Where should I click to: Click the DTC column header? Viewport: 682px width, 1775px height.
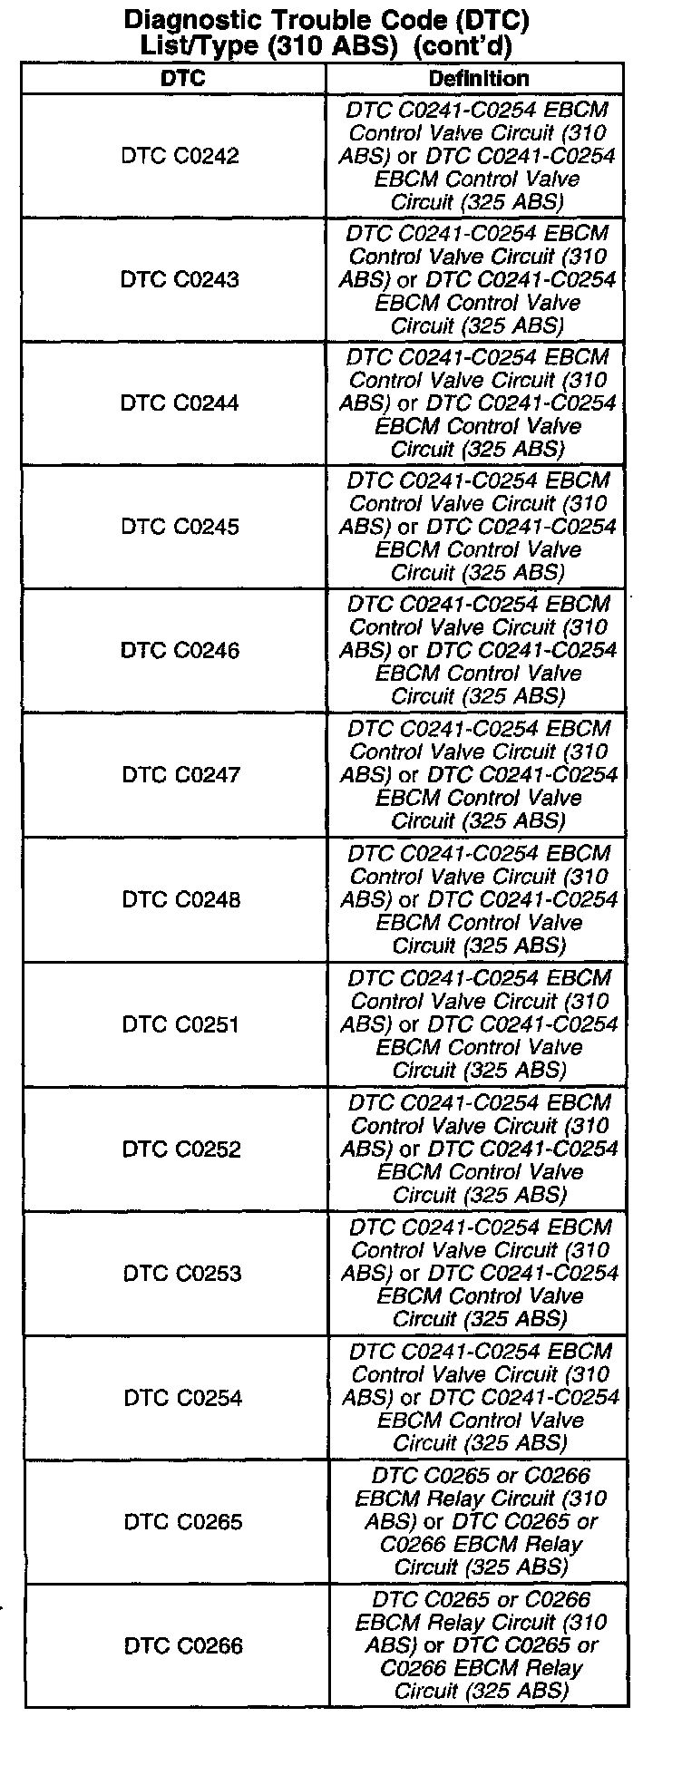pos(182,79)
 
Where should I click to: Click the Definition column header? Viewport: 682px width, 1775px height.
pos(478,79)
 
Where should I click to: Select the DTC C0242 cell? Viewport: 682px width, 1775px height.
pos(180,156)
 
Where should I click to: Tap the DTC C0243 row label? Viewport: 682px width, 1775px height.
pos(180,279)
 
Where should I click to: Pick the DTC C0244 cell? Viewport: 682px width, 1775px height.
pos(180,403)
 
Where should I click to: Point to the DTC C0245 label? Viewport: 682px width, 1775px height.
pos(180,527)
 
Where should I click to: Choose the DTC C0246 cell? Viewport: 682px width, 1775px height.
pos(180,650)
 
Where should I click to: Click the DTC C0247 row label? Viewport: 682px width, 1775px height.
pos(181,775)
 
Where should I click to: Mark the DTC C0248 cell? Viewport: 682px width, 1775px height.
pos(181,899)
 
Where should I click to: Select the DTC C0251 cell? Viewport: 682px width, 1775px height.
pos(181,1024)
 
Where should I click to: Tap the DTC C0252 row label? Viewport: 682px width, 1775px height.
pos(182,1149)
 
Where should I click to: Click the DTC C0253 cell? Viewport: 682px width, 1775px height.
pos(182,1273)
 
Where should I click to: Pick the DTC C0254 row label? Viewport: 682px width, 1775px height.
pos(183,1397)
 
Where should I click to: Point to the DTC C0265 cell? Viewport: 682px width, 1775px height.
pos(183,1521)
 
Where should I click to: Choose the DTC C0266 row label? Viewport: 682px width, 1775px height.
pos(183,1645)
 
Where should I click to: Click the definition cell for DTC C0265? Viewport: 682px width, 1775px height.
pos(481,1521)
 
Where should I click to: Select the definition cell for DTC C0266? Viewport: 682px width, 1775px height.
pos(481,1645)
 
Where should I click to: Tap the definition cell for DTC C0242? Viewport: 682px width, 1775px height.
pos(477,156)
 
